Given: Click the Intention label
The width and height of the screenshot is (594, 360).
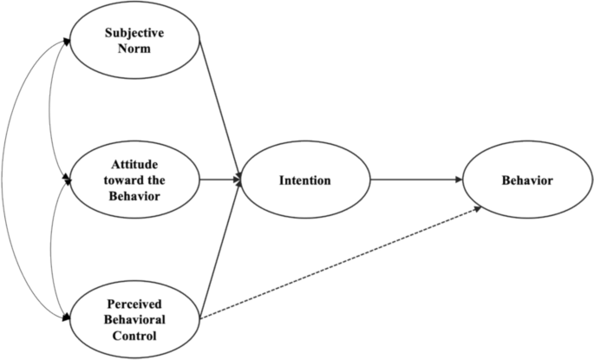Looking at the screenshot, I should click(x=305, y=181).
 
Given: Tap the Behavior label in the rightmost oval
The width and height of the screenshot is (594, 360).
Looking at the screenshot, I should click(x=528, y=181).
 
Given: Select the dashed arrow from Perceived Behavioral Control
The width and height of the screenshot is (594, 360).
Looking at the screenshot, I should click(x=338, y=264).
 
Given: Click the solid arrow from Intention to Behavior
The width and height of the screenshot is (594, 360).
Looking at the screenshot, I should click(x=416, y=181).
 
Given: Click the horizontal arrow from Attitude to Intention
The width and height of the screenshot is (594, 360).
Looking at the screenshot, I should click(x=219, y=181).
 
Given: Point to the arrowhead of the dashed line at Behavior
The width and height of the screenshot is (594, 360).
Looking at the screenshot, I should click(x=478, y=208).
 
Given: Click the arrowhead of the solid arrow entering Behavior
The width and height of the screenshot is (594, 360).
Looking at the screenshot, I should click(x=460, y=181).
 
